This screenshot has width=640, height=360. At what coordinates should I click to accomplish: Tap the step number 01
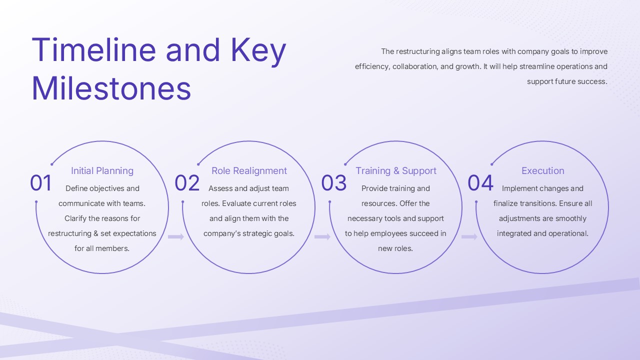click(41, 183)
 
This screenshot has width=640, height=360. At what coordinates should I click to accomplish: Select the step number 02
click(187, 183)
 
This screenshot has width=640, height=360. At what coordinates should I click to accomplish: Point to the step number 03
click(334, 183)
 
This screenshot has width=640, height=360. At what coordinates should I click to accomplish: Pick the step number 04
click(480, 183)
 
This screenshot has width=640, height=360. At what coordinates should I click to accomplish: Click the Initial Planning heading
click(102, 171)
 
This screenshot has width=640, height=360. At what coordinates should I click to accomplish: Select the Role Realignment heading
click(249, 171)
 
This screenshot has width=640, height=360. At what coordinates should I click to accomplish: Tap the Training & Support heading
click(396, 171)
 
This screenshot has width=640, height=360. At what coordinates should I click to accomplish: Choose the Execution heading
click(543, 171)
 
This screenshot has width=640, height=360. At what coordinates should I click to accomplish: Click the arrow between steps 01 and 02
click(176, 236)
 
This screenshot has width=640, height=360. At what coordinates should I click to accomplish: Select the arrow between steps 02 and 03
click(322, 236)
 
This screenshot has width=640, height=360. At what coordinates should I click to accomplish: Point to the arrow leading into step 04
click(469, 236)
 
